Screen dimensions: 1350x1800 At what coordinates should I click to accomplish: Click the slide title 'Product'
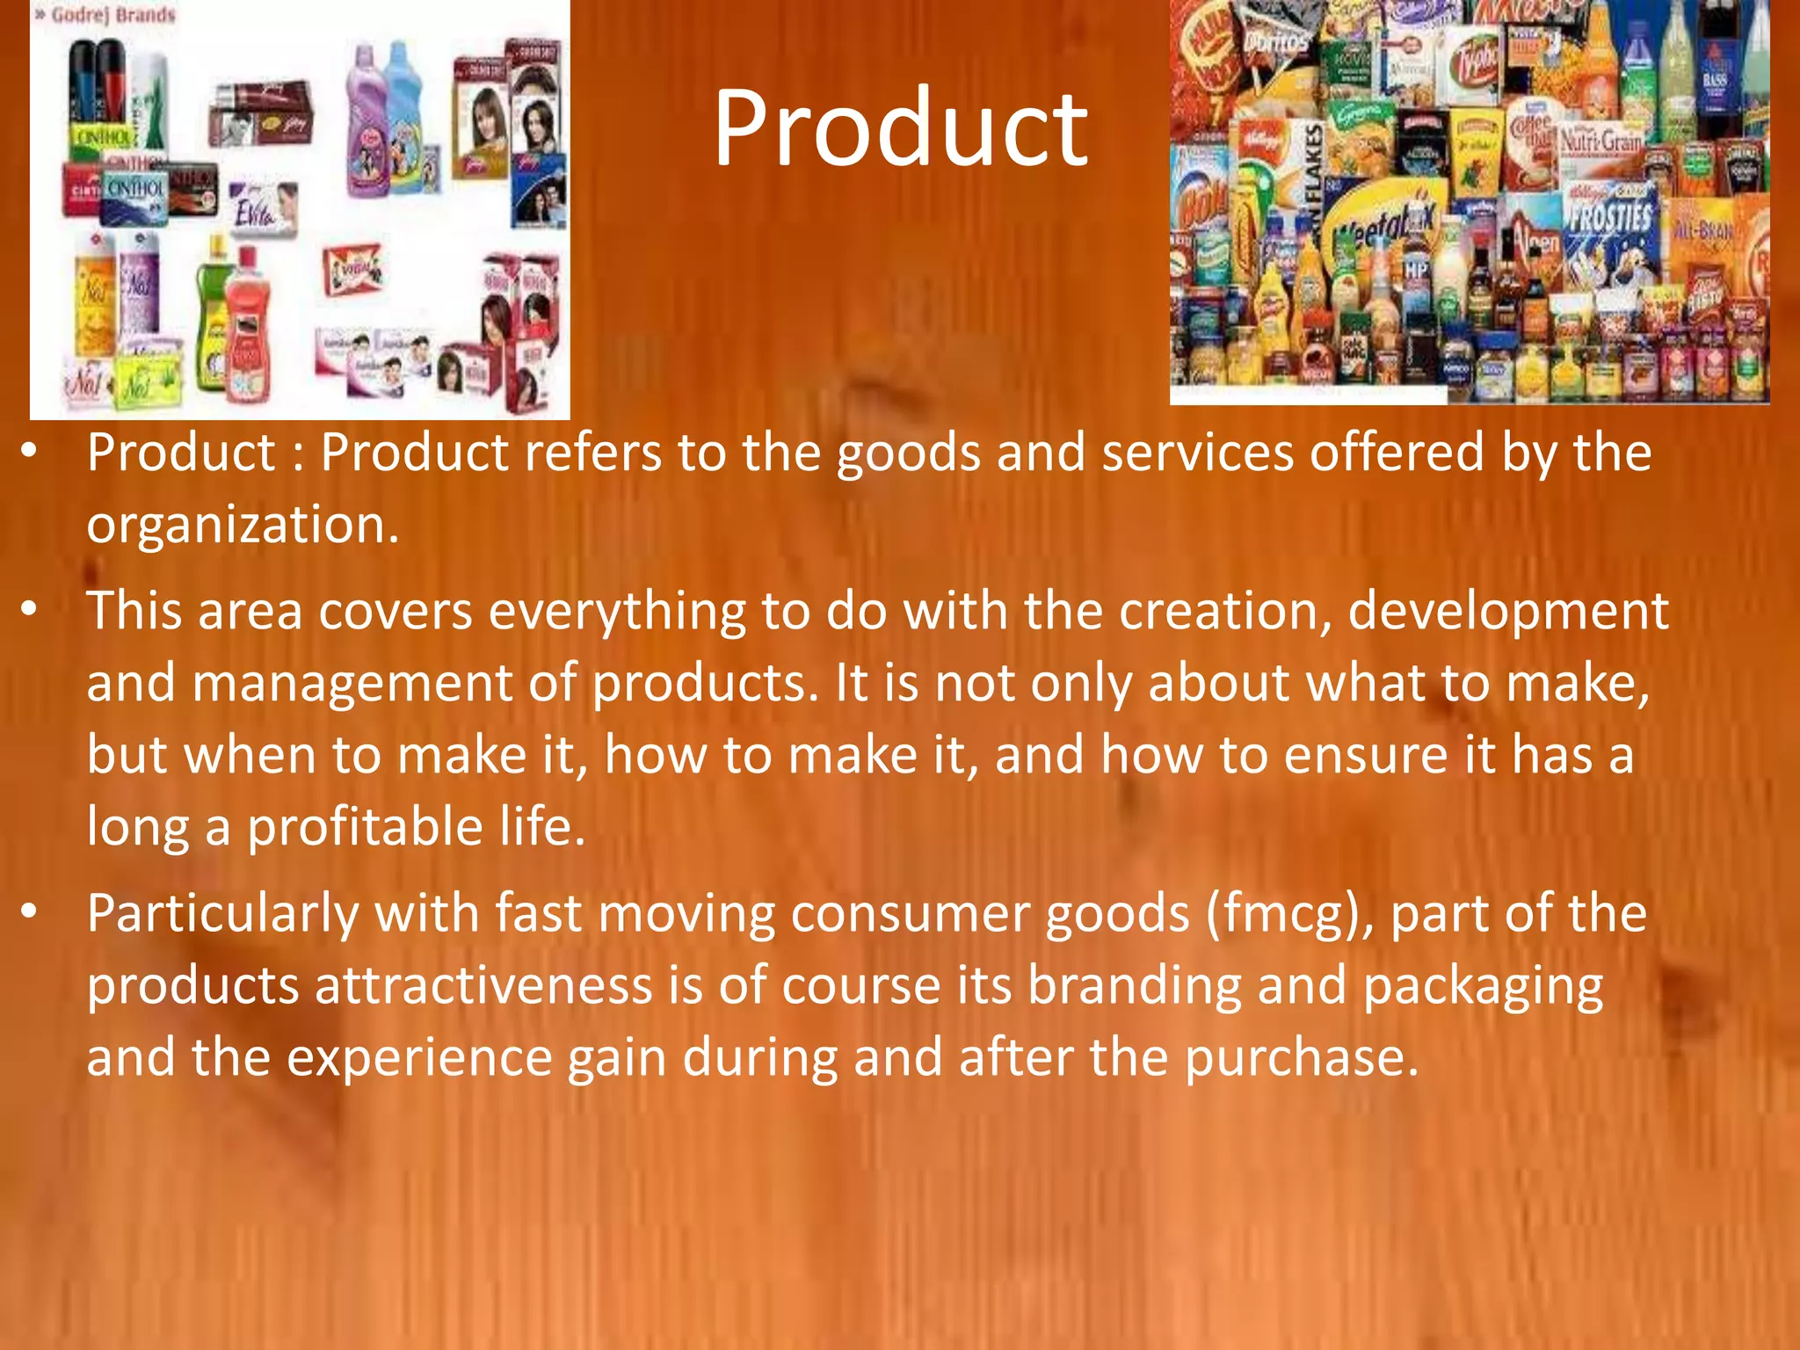[x=900, y=130]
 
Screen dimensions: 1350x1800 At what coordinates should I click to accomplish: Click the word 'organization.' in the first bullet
[x=243, y=525]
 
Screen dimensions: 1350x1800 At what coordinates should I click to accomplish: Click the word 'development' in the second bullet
[x=1507, y=613]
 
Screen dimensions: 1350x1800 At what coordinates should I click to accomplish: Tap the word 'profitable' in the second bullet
[x=364, y=828]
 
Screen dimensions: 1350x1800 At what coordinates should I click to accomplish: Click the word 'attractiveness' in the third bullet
[x=483, y=986]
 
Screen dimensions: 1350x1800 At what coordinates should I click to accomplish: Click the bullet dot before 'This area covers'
[x=30, y=609]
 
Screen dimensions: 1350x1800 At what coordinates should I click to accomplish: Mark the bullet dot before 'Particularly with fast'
[x=30, y=912]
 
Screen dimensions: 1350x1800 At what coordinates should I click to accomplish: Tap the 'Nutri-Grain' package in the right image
[x=1600, y=141]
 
